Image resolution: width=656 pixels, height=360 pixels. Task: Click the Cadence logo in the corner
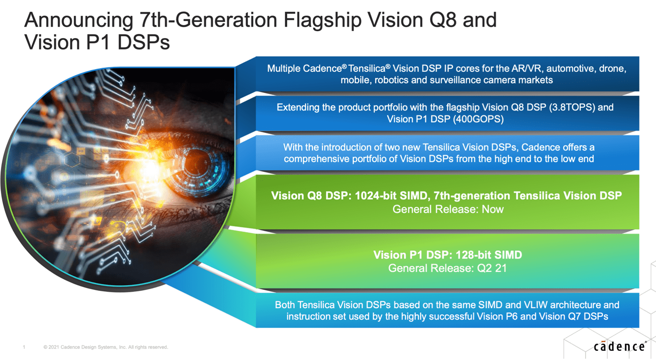620,347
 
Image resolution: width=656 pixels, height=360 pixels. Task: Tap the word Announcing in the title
79,21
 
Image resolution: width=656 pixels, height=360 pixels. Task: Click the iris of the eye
202,167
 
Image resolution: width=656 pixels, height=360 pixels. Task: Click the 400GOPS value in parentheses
478,119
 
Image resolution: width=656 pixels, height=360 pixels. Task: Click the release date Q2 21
492,268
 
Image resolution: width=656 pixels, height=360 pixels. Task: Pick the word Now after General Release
493,209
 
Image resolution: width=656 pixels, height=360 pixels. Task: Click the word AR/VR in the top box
527,68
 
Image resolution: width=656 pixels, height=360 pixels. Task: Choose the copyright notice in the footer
106,347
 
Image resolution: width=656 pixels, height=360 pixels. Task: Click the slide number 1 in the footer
24,347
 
